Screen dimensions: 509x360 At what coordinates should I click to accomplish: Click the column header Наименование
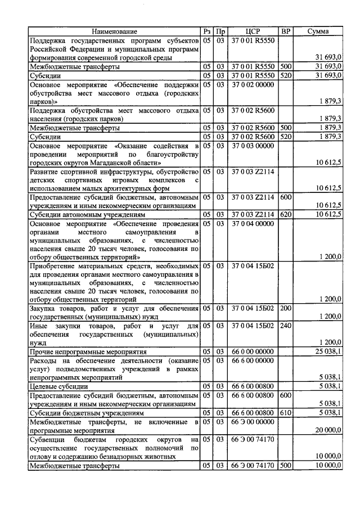pos(115,32)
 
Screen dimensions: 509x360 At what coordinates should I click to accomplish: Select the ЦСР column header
pos(253,32)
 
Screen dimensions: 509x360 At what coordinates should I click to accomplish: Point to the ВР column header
pos(286,32)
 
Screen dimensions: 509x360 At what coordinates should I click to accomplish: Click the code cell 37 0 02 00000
pos(253,85)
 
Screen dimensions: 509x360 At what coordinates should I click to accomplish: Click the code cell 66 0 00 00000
pos(253,351)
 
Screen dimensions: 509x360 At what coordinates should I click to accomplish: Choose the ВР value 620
pos(286,214)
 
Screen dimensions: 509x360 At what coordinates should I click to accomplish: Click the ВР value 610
pos(286,413)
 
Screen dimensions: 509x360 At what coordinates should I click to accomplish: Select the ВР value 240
pos(286,326)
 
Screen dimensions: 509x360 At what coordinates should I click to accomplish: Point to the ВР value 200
pos(286,308)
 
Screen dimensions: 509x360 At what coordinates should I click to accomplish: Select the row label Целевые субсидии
pos(61,386)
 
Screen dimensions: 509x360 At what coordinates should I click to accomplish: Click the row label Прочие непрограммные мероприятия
pos(84,351)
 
